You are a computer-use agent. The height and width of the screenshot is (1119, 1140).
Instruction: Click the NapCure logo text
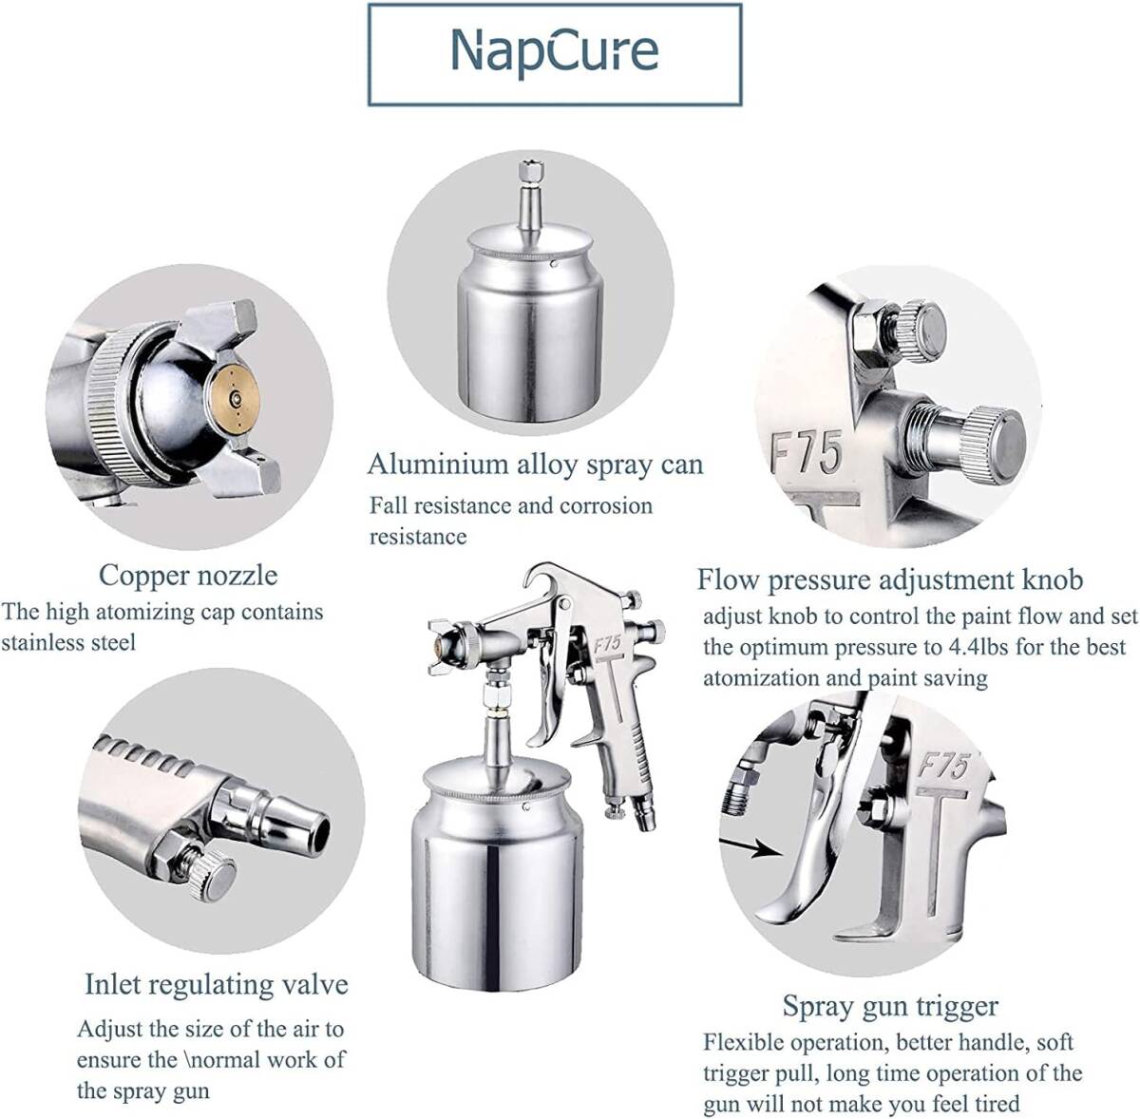tap(554, 52)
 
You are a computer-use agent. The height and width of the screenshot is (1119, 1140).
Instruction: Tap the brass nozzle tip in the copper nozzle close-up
tap(236, 398)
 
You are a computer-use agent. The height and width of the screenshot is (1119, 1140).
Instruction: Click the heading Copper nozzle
tap(188, 576)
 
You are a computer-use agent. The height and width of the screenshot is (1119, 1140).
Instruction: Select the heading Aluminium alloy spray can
tap(536, 465)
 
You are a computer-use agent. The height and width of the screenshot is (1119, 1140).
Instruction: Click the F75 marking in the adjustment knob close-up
tap(807, 453)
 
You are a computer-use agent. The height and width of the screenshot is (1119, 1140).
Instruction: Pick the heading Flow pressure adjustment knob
tap(890, 579)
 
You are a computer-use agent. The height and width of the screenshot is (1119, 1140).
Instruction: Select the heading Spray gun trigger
tap(891, 1005)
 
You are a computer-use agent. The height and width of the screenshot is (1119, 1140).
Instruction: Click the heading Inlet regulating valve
tap(217, 984)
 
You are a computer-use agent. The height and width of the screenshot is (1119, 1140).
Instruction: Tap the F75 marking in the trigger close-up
tap(943, 767)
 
